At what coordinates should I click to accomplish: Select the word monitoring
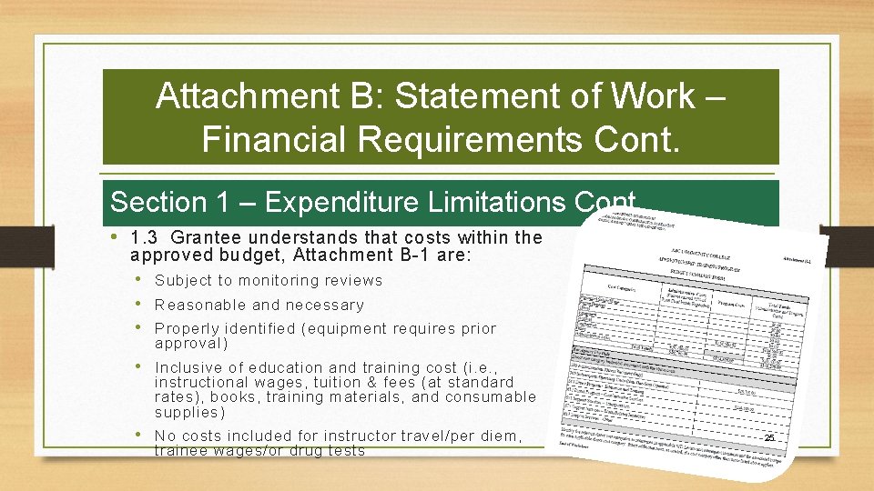click(x=273, y=281)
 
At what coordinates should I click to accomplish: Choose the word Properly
click(x=188, y=329)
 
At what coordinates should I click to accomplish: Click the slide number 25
click(x=769, y=438)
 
